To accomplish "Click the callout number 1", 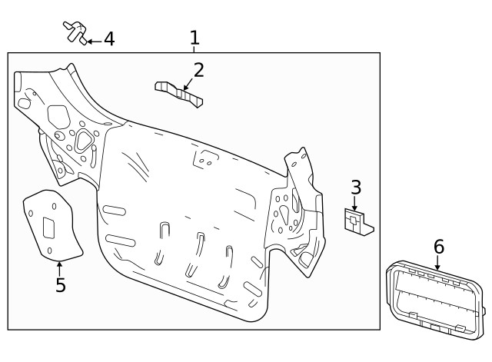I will click(194, 37).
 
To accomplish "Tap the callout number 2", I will click(198, 71).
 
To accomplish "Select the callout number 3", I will click(355, 187).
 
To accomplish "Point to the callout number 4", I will click(109, 38).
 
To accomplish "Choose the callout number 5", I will click(60, 285).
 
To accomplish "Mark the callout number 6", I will click(438, 247).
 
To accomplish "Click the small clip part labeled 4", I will click(75, 32).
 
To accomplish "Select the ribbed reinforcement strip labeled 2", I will click(178, 92).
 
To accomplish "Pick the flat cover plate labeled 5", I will click(52, 224).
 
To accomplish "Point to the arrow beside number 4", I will click(92, 39).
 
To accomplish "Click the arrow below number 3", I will click(354, 204).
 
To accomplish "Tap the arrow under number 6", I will click(437, 263).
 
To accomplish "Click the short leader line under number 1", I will click(194, 49).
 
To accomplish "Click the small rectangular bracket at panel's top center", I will click(204, 158).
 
